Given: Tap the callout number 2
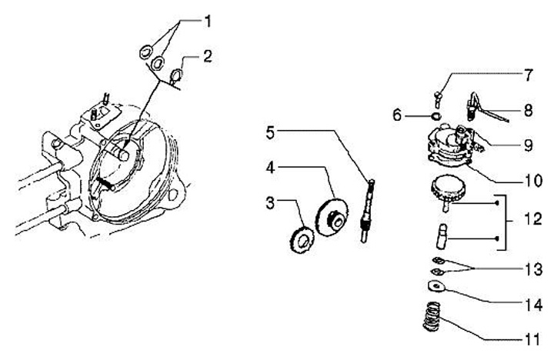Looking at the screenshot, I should click(x=208, y=56).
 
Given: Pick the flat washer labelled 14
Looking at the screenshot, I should click(x=436, y=287).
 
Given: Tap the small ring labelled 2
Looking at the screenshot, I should click(x=175, y=75).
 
